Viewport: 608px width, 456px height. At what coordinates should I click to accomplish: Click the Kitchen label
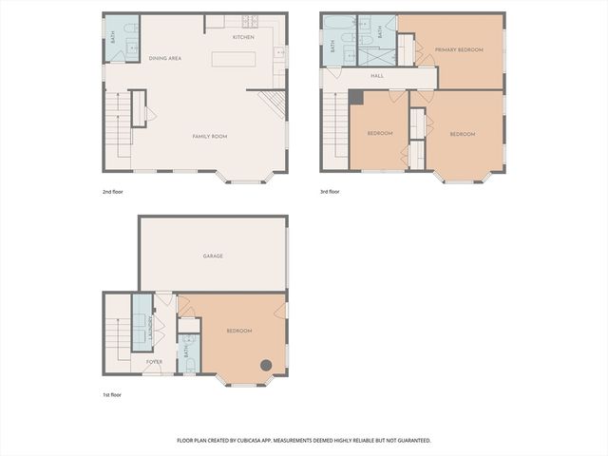[x=243, y=37]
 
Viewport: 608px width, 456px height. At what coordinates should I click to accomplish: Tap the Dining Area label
[x=165, y=58]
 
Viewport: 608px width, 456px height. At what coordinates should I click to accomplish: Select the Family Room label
[x=210, y=137]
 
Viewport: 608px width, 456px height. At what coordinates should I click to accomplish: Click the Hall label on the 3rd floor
[x=376, y=76]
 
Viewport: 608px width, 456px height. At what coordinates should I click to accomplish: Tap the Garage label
[x=213, y=256]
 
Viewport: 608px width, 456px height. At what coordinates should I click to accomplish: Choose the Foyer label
[x=154, y=362]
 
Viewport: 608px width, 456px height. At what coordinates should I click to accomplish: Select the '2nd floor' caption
[x=113, y=192]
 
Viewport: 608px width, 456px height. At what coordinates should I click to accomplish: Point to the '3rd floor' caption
[x=330, y=192]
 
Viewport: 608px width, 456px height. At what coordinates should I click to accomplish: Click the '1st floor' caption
[x=113, y=394]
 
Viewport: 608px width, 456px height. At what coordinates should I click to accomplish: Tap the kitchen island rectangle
[x=239, y=59]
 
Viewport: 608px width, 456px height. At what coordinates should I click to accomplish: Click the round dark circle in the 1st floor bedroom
[x=268, y=366]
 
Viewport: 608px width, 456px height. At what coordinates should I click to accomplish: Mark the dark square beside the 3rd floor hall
[x=355, y=97]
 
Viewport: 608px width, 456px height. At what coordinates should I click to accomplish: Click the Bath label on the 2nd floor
[x=113, y=38]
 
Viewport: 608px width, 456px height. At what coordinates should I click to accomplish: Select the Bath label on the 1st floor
[x=187, y=352]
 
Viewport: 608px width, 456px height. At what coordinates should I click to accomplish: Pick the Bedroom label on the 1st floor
[x=238, y=331]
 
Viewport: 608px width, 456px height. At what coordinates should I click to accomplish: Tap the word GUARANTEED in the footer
[x=410, y=441]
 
